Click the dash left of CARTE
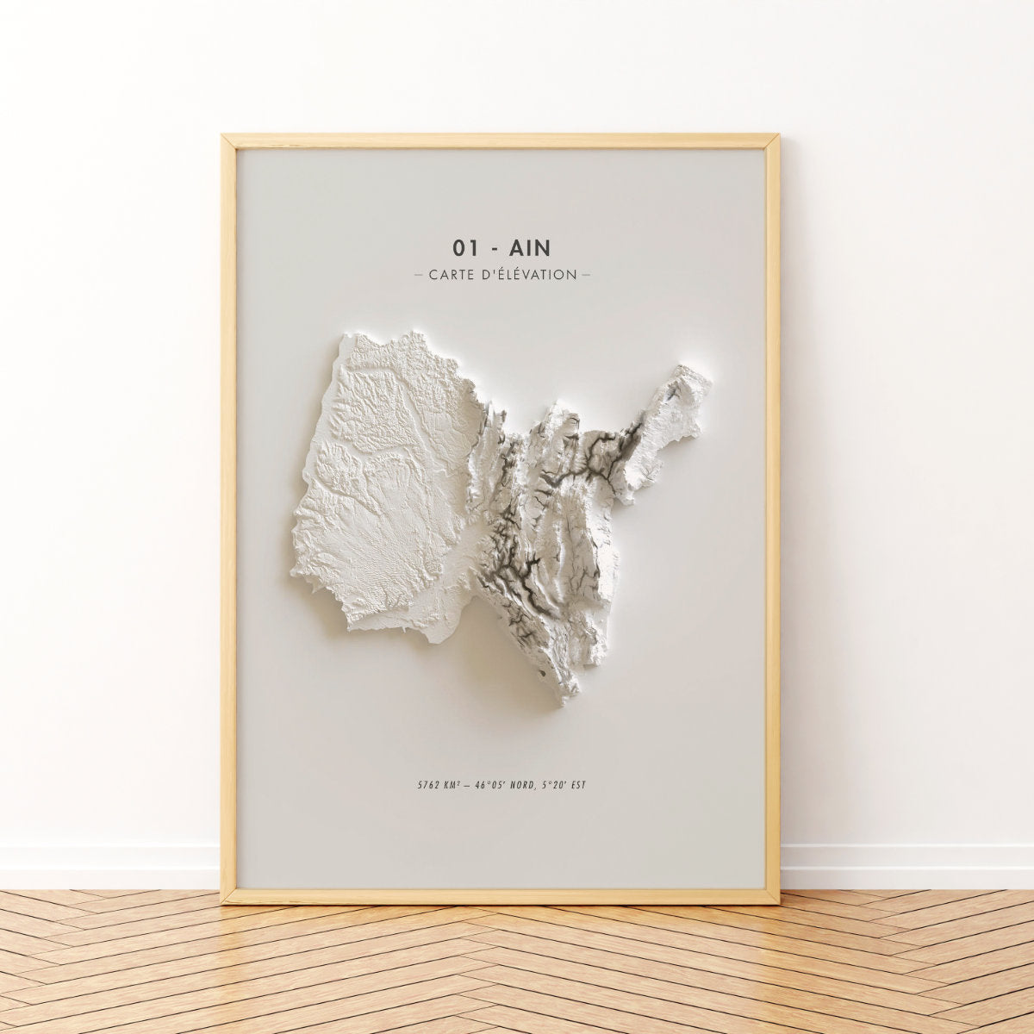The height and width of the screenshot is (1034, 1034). (x=419, y=275)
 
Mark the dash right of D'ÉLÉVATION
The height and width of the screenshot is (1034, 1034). (x=586, y=275)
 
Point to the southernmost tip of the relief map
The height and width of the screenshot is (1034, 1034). (x=564, y=702)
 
